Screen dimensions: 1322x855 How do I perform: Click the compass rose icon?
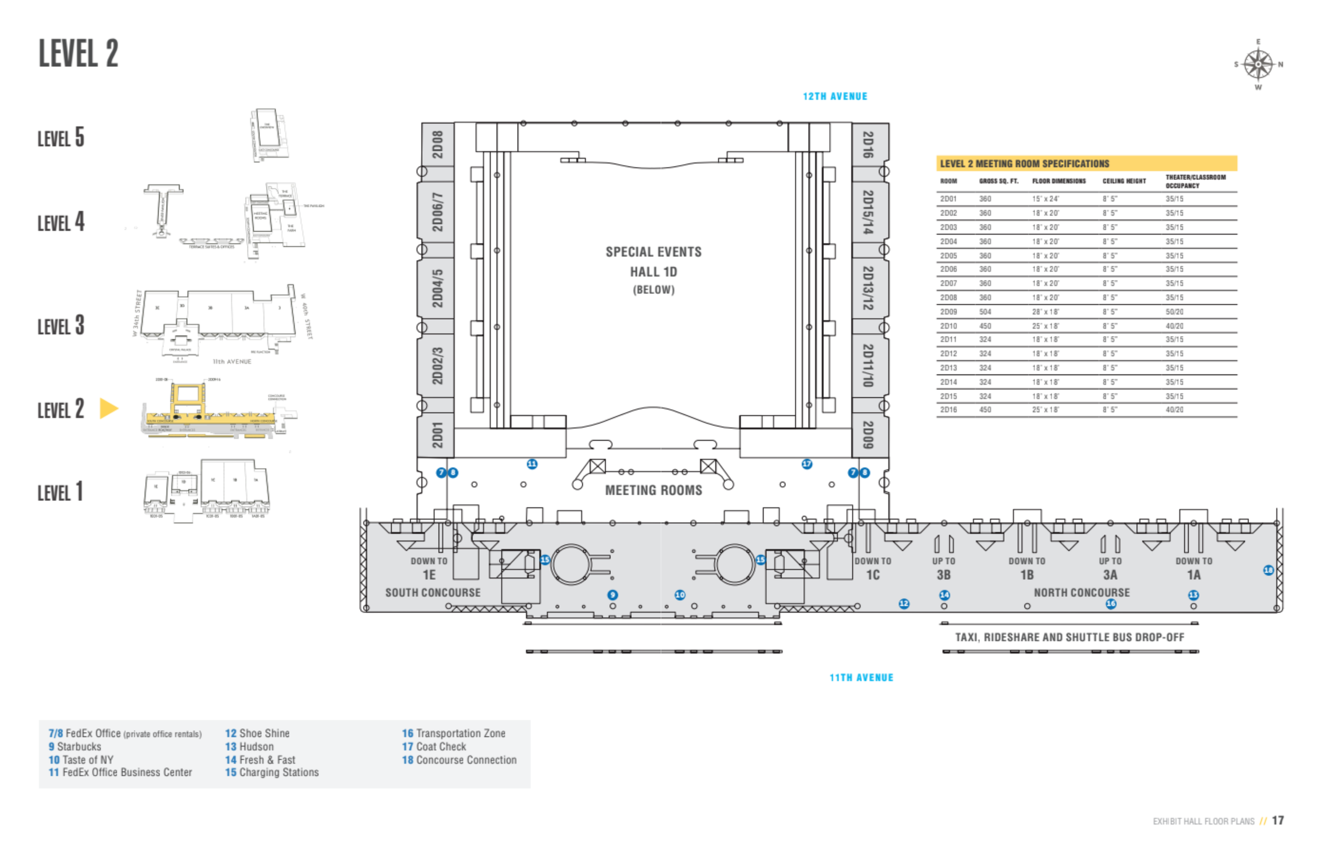1257,65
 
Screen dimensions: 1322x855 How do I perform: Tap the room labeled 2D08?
438,144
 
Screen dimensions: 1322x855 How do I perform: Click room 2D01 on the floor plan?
438,435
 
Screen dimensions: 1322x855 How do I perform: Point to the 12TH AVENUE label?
835,97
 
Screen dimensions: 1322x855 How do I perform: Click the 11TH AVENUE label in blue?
861,677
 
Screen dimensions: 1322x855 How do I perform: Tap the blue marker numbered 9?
612,594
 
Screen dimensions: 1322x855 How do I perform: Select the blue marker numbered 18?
1268,570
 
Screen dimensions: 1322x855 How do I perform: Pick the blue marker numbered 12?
904,603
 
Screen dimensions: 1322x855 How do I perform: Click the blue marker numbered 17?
806,463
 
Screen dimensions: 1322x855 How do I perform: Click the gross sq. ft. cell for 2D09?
985,312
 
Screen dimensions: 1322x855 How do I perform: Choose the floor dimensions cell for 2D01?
1045,199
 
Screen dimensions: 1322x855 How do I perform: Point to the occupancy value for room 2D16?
1174,410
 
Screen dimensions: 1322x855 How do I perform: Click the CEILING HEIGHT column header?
1124,181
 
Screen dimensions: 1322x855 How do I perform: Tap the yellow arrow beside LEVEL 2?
108,408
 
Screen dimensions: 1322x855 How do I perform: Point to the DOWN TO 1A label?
1194,568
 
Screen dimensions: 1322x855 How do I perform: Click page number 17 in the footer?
1278,821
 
